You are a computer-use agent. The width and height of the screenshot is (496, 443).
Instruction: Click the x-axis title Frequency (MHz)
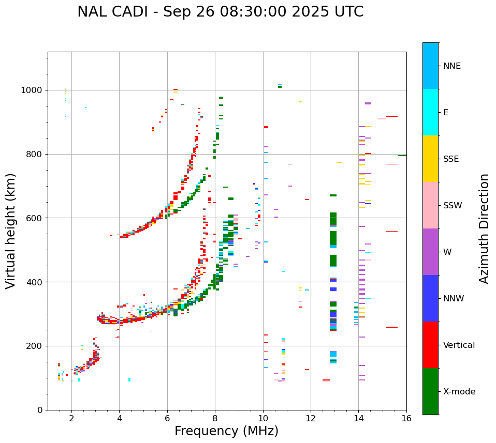[226, 431]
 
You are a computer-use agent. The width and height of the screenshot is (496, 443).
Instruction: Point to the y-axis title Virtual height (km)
[11, 231]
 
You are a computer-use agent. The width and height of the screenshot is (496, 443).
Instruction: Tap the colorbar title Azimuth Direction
[484, 228]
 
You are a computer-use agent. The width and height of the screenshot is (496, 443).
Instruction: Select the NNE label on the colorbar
[452, 66]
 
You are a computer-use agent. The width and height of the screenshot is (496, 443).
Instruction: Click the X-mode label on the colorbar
[459, 392]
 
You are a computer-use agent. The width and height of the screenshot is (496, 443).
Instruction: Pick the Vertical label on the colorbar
[459, 345]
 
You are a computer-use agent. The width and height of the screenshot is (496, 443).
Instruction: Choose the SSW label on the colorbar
[453, 206]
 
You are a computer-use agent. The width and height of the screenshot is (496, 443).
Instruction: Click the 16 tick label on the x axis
[406, 418]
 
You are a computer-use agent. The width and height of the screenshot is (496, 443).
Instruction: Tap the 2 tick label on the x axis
[71, 418]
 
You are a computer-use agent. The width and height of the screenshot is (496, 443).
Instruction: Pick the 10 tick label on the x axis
[263, 418]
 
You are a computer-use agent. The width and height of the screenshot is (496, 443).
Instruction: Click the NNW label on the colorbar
[454, 299]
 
